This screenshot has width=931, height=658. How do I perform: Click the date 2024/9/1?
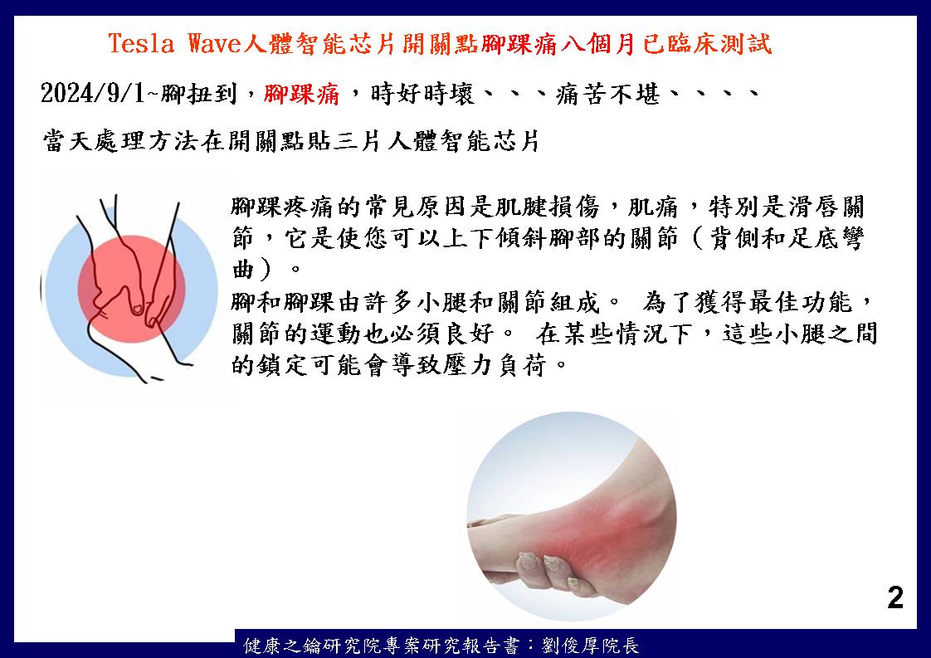coord(93,93)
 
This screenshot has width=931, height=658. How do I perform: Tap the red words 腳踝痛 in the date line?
coord(302,94)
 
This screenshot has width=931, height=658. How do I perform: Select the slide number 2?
coord(895,597)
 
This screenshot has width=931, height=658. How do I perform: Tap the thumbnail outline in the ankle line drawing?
coord(139,309)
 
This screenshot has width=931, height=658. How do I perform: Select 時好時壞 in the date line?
coord(422,94)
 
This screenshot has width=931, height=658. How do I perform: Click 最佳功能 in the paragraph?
coord(800,302)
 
